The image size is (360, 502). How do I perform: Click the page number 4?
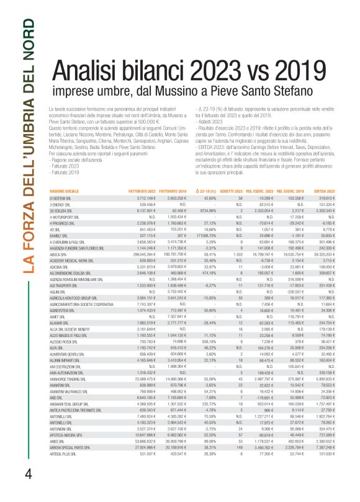(x=28, y=472)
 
